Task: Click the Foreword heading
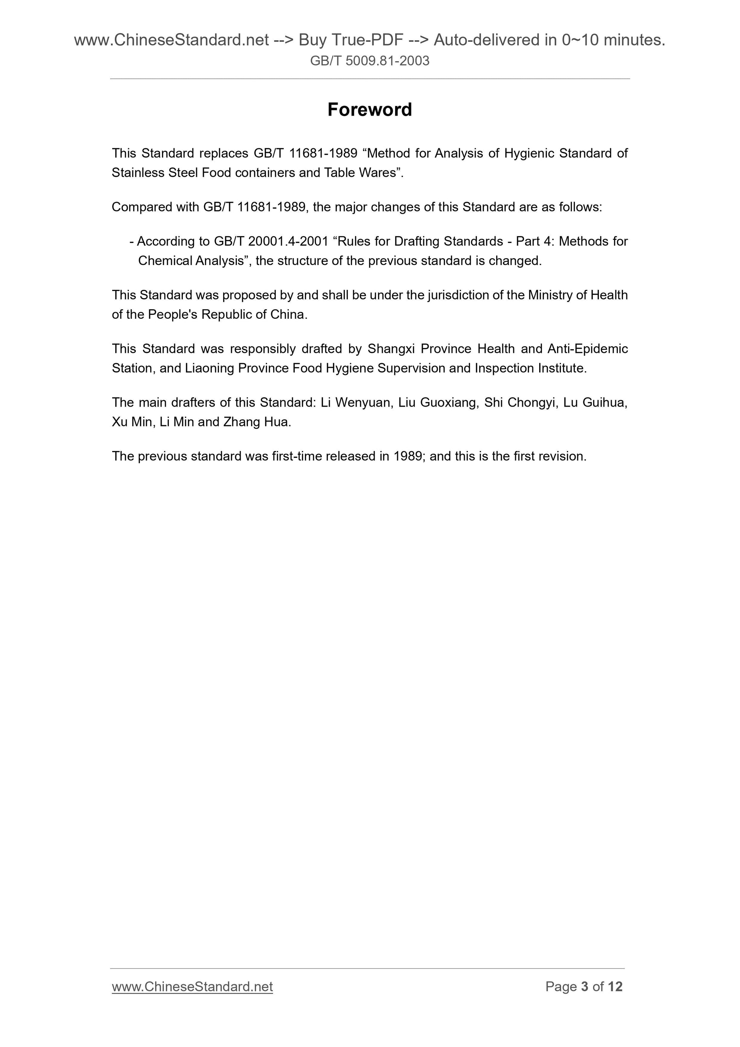pos(369,110)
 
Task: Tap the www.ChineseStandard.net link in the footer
pos(192,987)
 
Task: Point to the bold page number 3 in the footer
pos(584,987)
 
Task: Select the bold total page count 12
pos(615,987)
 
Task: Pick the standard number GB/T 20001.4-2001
pos(271,241)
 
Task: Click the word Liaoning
pos(209,368)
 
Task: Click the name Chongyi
pos(531,402)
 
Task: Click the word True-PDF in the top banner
pos(367,40)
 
